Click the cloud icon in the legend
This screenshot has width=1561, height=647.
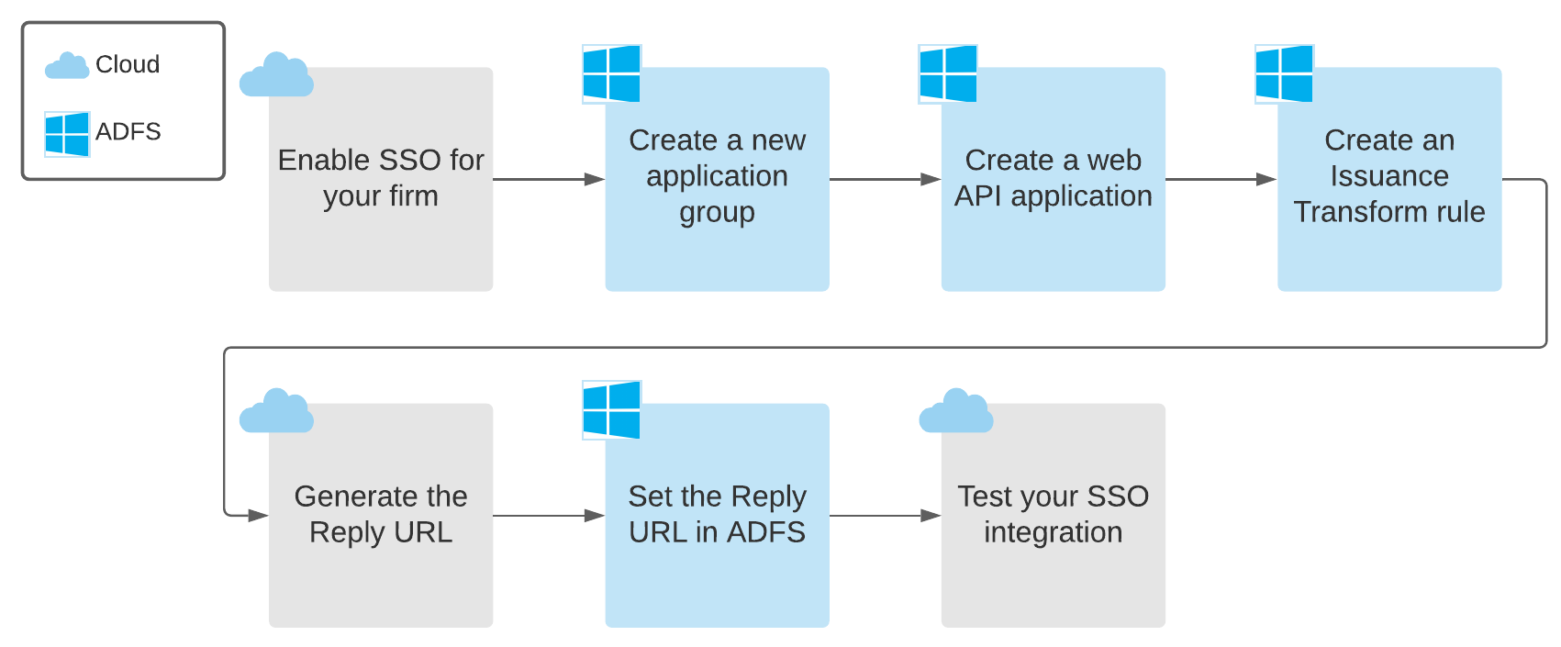click(x=66, y=66)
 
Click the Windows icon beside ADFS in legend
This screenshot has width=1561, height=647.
click(x=67, y=134)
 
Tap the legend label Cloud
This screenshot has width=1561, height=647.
click(x=128, y=64)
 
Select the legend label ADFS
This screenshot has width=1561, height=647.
click(x=128, y=132)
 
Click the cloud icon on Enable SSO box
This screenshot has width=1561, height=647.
click(x=276, y=75)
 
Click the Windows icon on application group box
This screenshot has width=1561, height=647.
click(x=611, y=73)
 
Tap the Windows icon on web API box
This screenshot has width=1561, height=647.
click(x=948, y=73)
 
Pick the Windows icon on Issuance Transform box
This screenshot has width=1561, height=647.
click(x=1284, y=73)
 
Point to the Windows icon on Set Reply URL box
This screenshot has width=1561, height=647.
click(x=611, y=409)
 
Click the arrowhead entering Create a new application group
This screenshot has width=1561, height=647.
click(x=595, y=180)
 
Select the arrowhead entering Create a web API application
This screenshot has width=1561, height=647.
click(x=931, y=180)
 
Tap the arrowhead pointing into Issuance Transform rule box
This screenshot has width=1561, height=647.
click(x=1266, y=180)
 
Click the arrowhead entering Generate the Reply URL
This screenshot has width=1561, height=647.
click(x=258, y=516)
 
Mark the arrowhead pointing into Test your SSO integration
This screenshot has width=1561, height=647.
click(x=931, y=516)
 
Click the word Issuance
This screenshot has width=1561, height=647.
click(x=1389, y=176)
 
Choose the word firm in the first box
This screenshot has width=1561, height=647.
click(x=413, y=196)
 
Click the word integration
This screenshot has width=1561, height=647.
click(x=1053, y=532)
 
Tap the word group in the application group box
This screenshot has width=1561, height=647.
click(x=717, y=213)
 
